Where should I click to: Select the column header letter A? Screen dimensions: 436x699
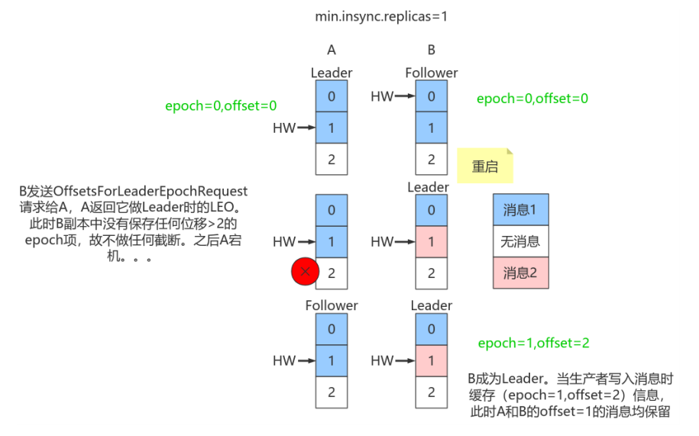tap(332, 50)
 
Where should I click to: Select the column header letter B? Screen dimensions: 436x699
tap(432, 50)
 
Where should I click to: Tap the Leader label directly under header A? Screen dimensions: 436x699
tap(332, 73)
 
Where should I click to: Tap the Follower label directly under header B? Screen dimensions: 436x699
tap(432, 73)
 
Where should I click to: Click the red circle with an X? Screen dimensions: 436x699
tap(306, 271)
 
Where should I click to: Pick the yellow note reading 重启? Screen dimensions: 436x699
tap(484, 166)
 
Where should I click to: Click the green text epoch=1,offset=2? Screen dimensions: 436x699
tap(533, 344)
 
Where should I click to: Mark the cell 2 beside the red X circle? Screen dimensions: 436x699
tap(332, 273)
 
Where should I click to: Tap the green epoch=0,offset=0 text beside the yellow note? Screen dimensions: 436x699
tap(532, 99)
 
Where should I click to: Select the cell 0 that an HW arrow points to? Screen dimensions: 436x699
tap(432, 96)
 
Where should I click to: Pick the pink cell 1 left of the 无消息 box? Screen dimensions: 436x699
tap(432, 241)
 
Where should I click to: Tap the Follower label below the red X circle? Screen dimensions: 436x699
tap(332, 305)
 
